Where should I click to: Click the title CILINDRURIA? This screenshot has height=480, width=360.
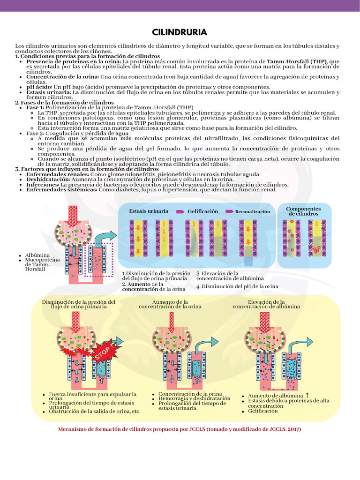(x=180, y=32)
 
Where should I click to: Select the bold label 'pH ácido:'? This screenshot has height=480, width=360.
(x=39, y=87)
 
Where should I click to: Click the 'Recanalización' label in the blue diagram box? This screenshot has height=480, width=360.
(x=253, y=211)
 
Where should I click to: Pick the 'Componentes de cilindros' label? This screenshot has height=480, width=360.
(x=303, y=211)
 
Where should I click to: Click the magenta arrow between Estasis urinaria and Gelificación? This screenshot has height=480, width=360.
(x=180, y=211)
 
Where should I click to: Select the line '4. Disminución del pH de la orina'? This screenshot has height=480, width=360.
(x=237, y=286)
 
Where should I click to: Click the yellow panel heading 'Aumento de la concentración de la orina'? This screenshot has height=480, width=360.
(x=170, y=304)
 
